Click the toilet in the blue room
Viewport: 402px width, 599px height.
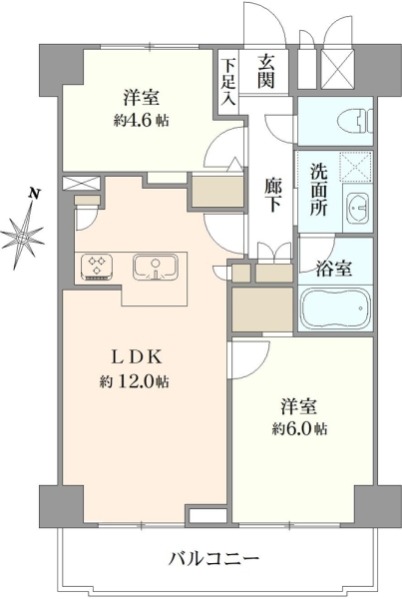(x=355, y=121)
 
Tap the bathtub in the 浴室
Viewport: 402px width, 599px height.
(x=335, y=307)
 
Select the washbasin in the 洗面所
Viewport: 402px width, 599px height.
(x=358, y=208)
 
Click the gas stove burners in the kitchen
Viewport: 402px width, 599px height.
(x=97, y=266)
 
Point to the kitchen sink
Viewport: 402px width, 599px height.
(x=156, y=266)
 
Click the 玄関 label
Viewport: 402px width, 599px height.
(x=266, y=71)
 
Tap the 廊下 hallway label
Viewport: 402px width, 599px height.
(x=273, y=196)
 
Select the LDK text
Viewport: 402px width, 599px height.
(x=137, y=357)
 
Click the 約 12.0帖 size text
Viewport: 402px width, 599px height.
(x=135, y=381)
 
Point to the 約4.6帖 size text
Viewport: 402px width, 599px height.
(x=141, y=121)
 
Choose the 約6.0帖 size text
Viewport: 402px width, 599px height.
(x=299, y=428)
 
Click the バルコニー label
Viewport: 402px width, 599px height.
(x=214, y=560)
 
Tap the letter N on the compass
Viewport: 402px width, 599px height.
(x=35, y=193)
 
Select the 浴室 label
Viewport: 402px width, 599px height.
(x=334, y=270)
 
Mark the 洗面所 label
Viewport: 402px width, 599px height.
(x=318, y=190)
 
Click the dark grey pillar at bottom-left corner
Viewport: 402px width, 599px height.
(x=62, y=506)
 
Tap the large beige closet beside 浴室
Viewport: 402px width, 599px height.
(x=262, y=309)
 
